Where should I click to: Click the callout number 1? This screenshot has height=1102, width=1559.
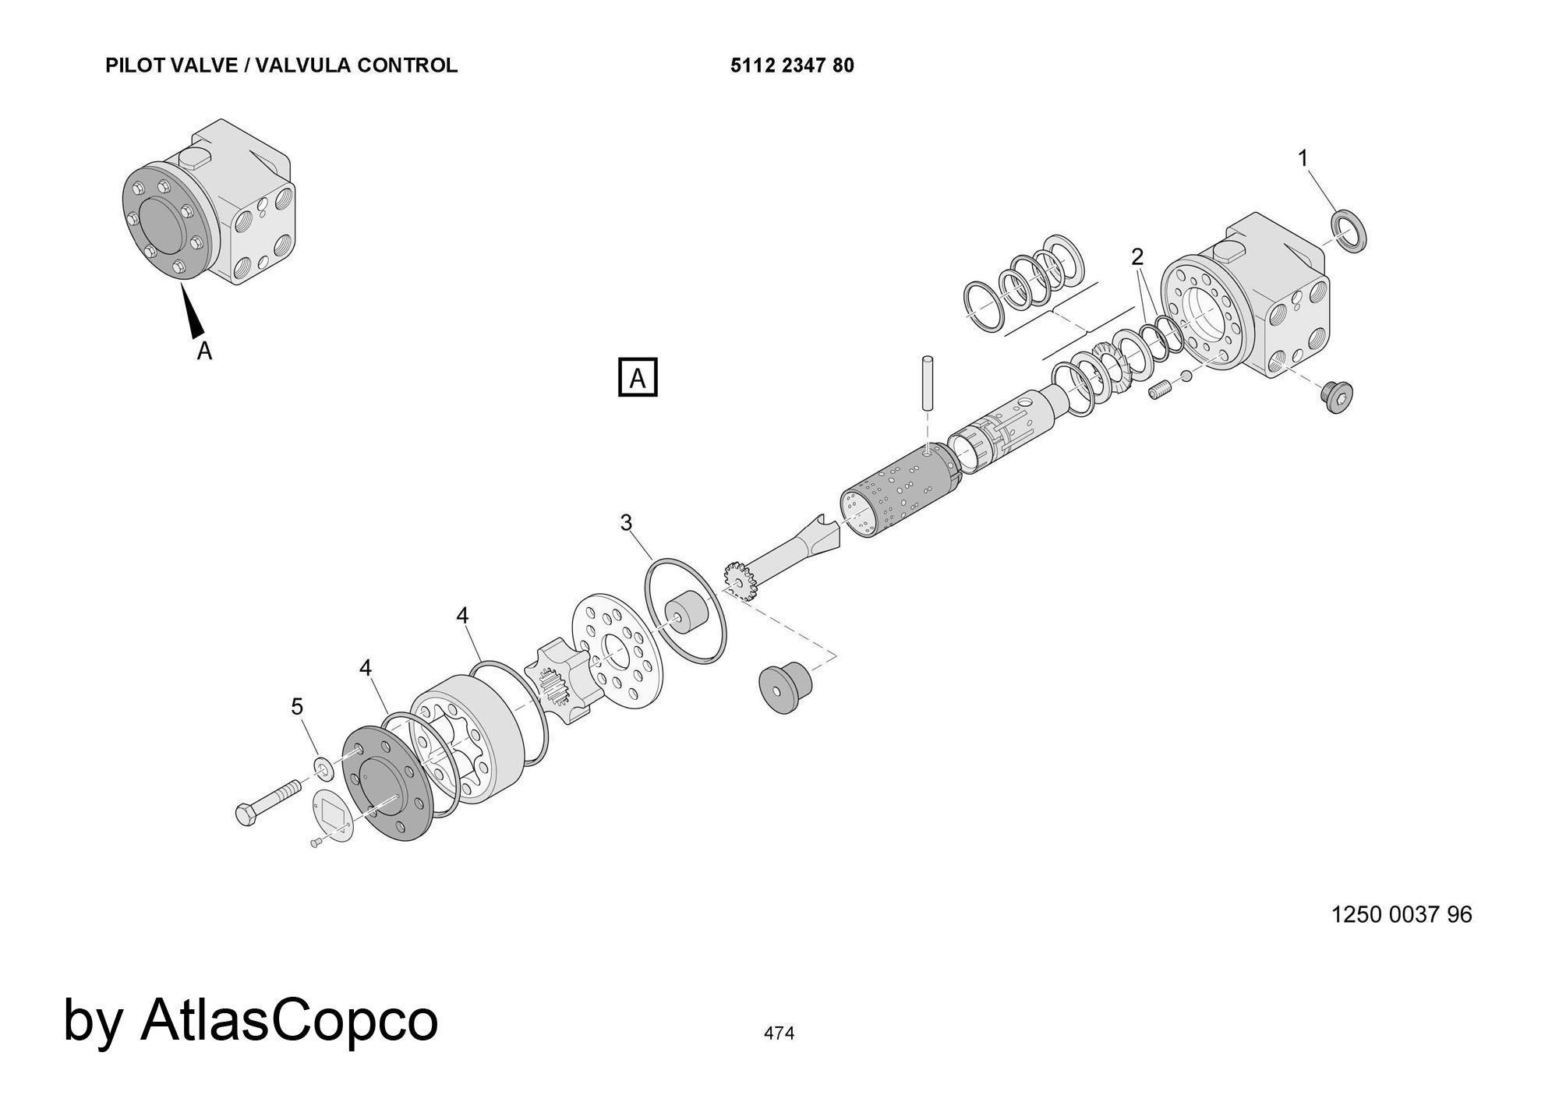(x=1302, y=158)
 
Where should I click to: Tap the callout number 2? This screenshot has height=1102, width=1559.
(x=1137, y=256)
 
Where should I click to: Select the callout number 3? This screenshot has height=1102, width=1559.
(x=626, y=522)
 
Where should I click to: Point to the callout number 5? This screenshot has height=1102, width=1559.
(x=297, y=706)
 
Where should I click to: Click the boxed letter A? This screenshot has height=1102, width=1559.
(x=638, y=377)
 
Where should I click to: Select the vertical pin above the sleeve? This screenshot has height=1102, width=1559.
(x=927, y=382)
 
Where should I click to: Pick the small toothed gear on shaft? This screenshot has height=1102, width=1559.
(x=740, y=581)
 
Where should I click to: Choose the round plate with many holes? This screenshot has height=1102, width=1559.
(x=617, y=651)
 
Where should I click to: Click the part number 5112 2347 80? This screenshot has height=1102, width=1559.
(x=792, y=65)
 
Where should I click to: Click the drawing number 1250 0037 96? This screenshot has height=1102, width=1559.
(x=1401, y=914)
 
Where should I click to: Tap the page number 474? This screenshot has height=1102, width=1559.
(x=779, y=1033)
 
